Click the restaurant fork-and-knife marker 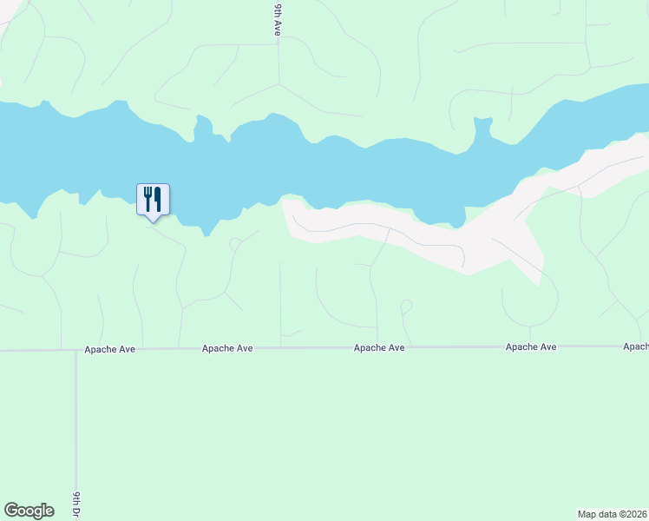coord(153,199)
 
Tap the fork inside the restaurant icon coord(147,199)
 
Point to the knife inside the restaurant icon coord(158,199)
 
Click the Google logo coord(29,511)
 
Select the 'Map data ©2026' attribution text coord(613,514)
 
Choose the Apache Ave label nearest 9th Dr coord(109,348)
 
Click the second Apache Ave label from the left coord(227,348)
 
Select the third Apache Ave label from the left coord(379,348)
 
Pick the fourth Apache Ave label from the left coord(531,347)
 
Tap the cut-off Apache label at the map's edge coord(635,346)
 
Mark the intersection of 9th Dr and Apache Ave coord(76,350)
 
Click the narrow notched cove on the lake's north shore coord(482,128)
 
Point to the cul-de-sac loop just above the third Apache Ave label coord(405,306)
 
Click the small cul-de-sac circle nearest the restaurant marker coord(233,244)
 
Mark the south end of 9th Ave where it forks coord(279,84)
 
